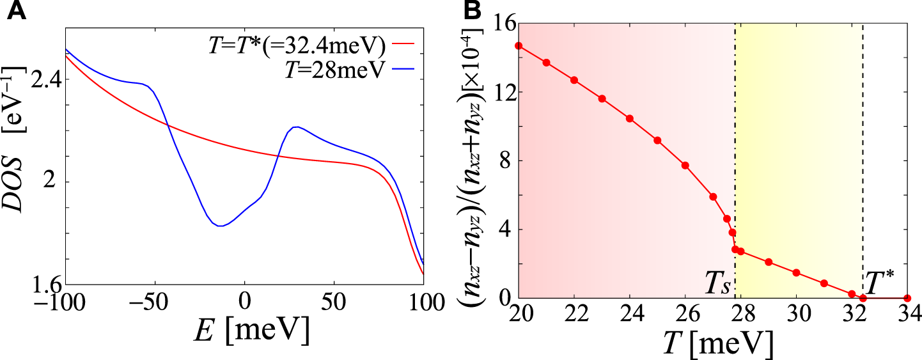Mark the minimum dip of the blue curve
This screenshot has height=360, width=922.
[219, 226]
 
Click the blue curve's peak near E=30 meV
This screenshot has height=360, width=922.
[296, 127]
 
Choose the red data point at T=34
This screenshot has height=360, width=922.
[907, 298]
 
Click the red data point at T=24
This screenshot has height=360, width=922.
[630, 118]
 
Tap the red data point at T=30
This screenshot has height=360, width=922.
[796, 272]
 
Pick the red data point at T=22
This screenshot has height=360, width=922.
[574, 80]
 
